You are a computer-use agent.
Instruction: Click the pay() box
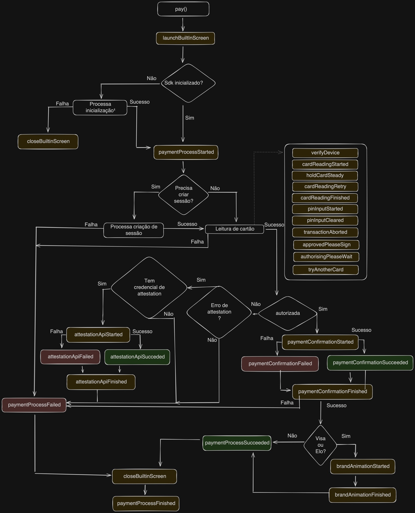click(183, 9)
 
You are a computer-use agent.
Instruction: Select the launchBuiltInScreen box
click(185, 38)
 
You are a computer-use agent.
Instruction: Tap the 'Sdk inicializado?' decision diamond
click(188, 83)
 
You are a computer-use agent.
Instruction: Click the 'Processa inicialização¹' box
click(100, 108)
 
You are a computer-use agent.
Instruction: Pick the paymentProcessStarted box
click(186, 152)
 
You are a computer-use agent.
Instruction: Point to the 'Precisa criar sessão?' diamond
click(183, 195)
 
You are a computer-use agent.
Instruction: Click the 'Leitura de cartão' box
click(234, 229)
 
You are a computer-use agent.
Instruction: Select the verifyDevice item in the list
click(325, 153)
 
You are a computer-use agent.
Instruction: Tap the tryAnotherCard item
click(326, 270)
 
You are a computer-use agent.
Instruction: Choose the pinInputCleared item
click(325, 220)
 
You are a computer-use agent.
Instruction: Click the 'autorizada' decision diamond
click(287, 313)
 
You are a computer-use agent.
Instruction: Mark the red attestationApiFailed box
click(70, 357)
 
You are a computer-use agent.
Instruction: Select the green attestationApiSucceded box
click(137, 357)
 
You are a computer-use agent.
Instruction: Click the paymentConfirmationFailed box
click(280, 364)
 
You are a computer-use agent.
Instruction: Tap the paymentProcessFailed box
click(34, 405)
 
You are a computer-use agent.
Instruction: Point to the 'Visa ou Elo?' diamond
click(320, 445)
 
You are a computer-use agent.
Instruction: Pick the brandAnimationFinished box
click(363, 495)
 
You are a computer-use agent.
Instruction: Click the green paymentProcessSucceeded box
click(237, 443)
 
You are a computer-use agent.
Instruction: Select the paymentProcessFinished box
click(146, 503)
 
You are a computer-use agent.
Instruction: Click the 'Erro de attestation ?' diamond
click(219, 312)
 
